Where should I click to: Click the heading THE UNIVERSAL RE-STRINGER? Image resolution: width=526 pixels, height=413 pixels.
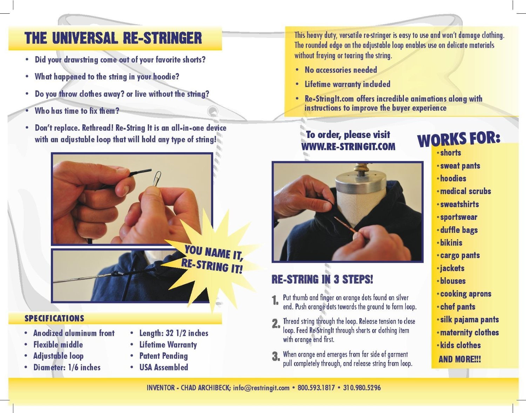pos(113,38)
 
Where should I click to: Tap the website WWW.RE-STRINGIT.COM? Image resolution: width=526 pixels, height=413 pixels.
pos(348,147)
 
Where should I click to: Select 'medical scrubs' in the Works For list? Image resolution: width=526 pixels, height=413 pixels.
pos(465,191)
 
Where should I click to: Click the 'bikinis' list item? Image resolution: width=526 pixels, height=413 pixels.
pos(451,243)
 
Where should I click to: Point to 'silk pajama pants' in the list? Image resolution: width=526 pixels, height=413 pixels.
pos(470,320)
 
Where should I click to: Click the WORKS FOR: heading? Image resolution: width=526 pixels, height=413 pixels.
pos(459,139)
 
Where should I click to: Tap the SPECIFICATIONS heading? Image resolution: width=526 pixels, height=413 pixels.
pos(54,318)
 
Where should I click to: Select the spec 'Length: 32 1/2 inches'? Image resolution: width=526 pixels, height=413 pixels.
pos(174,333)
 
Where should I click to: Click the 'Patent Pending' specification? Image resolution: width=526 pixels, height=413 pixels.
pos(163,356)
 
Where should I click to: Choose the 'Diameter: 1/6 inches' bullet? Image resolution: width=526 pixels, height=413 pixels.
pos(67,367)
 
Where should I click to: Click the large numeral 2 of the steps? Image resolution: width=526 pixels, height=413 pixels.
pos(276,323)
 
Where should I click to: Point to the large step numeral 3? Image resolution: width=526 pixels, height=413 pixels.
pos(276,356)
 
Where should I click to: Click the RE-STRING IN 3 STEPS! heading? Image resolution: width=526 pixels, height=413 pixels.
pos(322,279)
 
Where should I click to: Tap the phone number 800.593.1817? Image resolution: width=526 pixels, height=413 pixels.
pos(316,388)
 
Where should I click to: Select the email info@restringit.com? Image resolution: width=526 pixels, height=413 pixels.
pos(261,388)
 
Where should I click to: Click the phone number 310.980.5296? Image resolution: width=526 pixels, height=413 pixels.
pos(362,388)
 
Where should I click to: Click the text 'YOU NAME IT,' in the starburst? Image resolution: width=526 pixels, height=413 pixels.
pos(214,253)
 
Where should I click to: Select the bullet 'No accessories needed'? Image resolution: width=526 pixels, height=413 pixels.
pos(340,70)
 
